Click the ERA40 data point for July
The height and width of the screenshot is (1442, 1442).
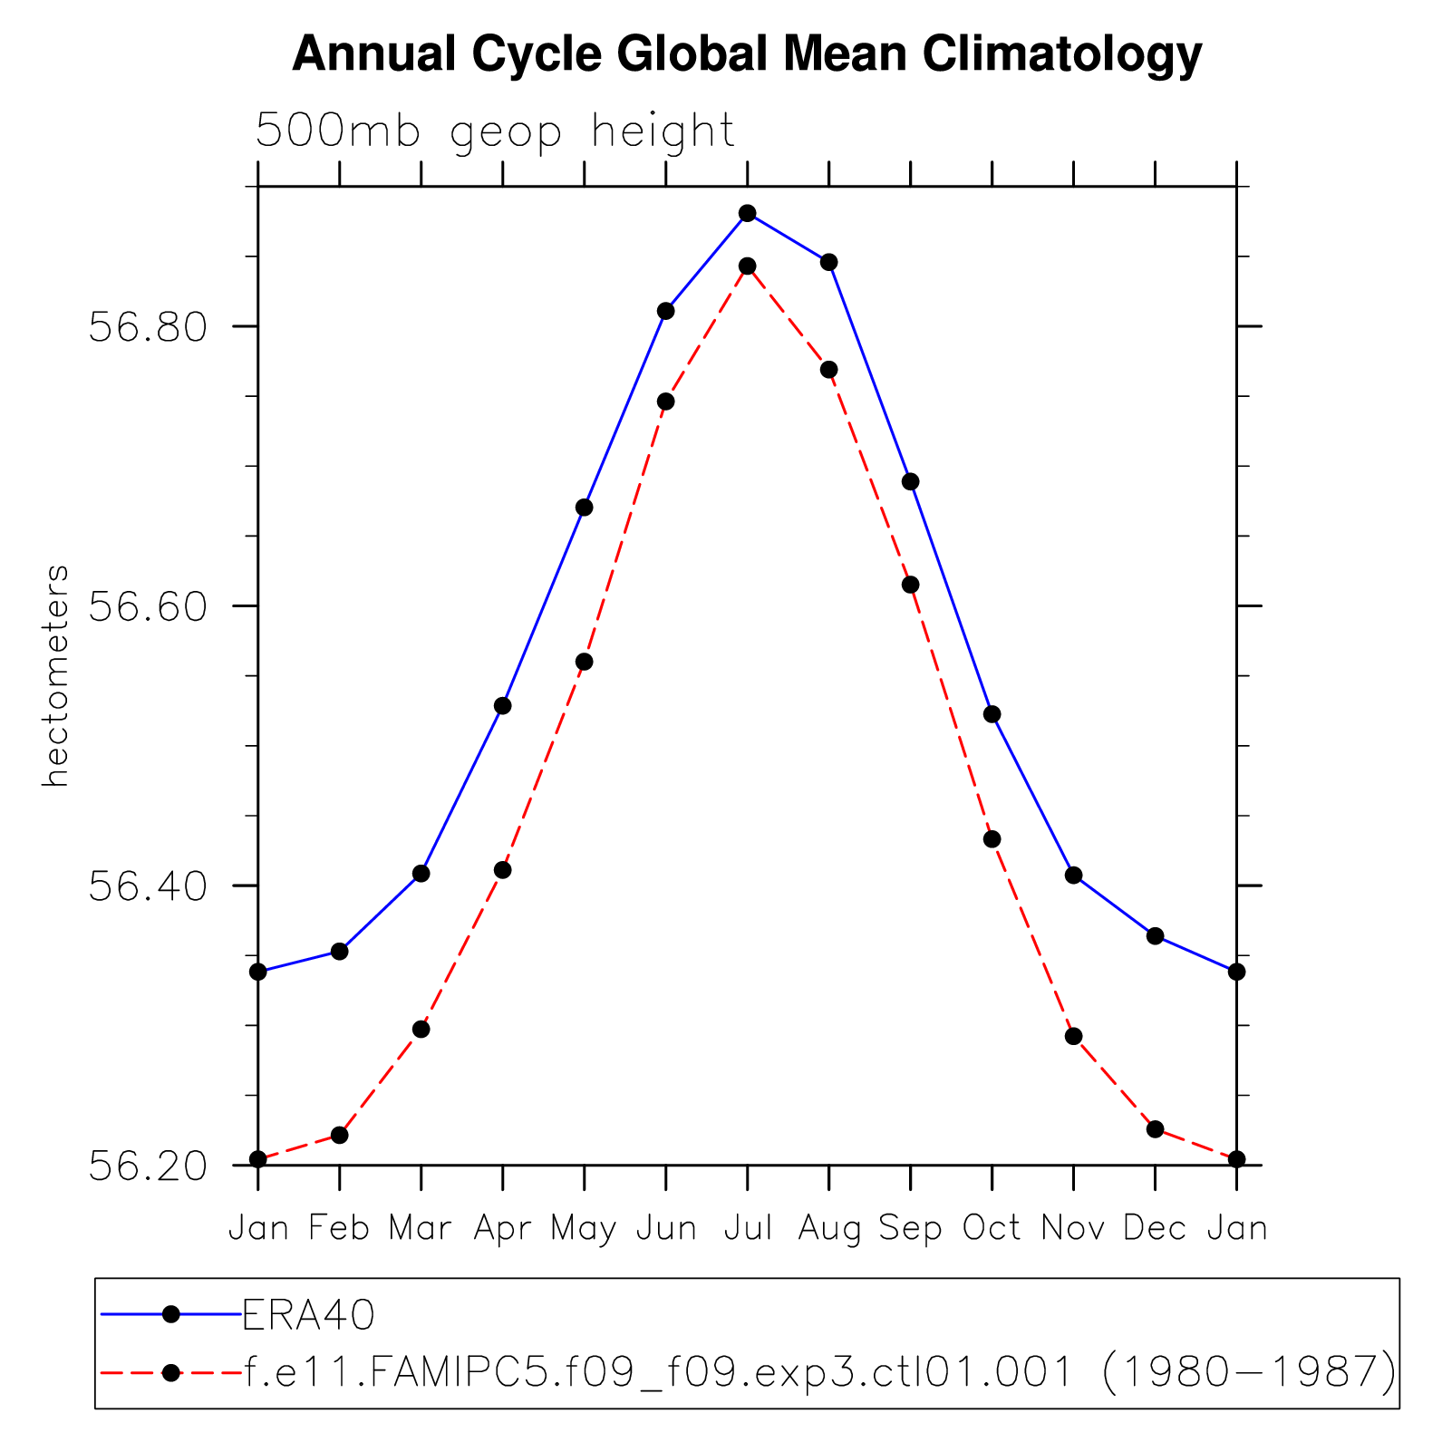tap(747, 214)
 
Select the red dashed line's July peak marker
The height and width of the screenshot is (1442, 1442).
tap(747, 266)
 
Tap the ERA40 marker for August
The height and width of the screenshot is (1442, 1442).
tap(828, 263)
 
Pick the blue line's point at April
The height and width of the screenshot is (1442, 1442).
tap(502, 706)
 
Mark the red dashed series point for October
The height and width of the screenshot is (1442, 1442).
tap(992, 839)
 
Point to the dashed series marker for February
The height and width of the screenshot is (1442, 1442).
tap(339, 1135)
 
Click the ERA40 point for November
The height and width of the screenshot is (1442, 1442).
tap(1073, 876)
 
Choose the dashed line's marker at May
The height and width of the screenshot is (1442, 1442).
tap(584, 663)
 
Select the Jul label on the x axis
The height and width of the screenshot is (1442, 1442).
tap(747, 1228)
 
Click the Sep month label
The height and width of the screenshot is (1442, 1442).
tap(910, 1228)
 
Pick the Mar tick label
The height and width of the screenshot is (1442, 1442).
tap(421, 1228)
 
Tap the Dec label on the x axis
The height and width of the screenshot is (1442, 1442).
tap(1155, 1228)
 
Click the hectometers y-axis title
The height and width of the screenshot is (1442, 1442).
tap(56, 676)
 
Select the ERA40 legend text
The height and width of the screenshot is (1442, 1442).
tap(308, 1314)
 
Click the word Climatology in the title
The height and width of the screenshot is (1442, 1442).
tap(1062, 54)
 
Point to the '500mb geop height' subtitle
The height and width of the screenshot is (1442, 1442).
tap(495, 131)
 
